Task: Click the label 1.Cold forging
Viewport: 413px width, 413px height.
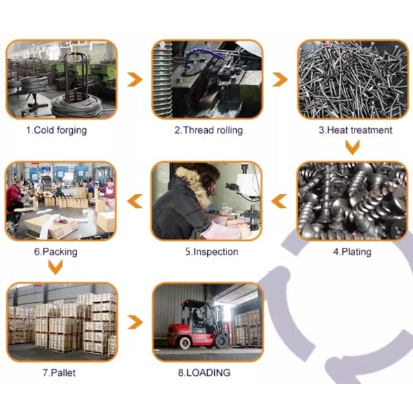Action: tap(56, 130)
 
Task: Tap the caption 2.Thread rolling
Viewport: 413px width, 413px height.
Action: tap(208, 130)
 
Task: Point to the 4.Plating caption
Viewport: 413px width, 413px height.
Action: tap(352, 252)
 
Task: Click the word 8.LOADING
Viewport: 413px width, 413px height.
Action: tap(207, 373)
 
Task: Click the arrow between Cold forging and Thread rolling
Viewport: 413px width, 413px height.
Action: tap(135, 78)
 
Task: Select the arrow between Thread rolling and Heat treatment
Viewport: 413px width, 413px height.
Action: tap(279, 78)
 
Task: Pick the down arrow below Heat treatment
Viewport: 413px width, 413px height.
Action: tap(352, 147)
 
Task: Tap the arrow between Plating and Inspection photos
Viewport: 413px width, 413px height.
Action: tap(279, 201)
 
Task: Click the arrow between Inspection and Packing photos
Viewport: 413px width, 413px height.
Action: tap(135, 201)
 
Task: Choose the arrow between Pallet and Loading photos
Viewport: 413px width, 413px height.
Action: tap(135, 322)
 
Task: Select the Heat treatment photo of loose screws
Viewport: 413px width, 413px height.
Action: tap(352, 78)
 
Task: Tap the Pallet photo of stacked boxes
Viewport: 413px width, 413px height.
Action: tap(62, 322)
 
